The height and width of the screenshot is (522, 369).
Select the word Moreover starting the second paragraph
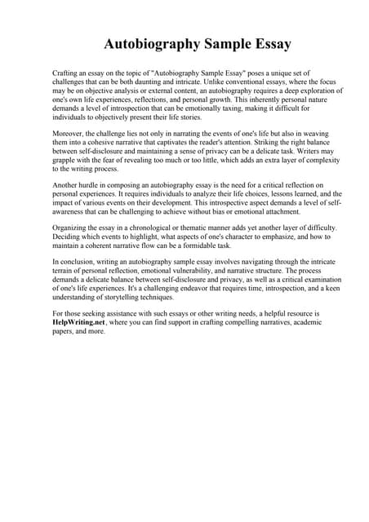pyautogui.click(x=69, y=129)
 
